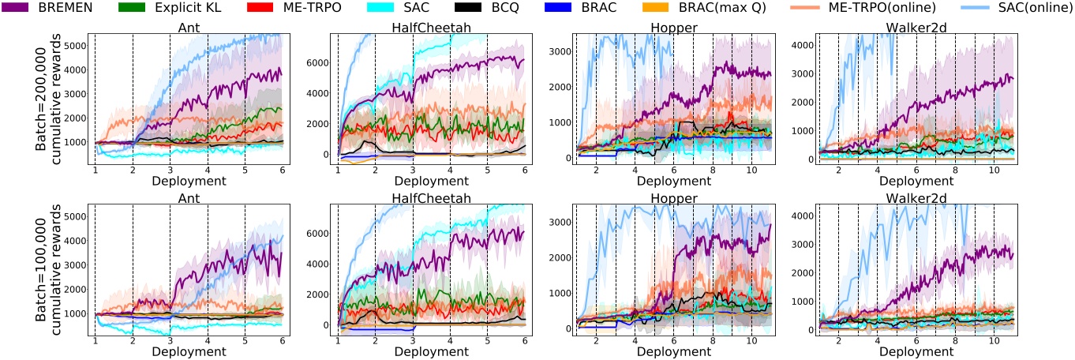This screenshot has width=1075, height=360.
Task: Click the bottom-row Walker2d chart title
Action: pyautogui.click(x=914, y=197)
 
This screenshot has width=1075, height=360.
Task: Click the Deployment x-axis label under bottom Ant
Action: pyautogui.click(x=188, y=351)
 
